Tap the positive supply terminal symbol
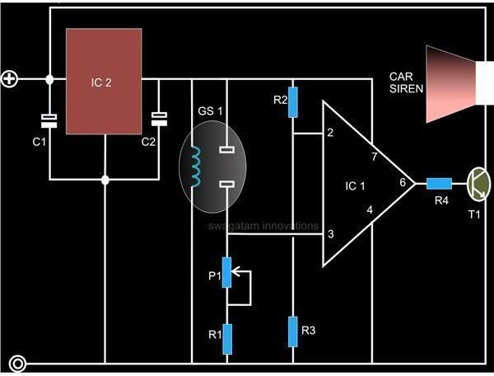pos(10,79)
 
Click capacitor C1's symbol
pos(49,121)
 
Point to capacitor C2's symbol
pos(158,120)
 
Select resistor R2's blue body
pos(293,101)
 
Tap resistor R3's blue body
pos(293,331)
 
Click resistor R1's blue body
pos(227,337)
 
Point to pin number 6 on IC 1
pos(402,183)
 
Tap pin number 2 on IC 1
pos(330,132)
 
